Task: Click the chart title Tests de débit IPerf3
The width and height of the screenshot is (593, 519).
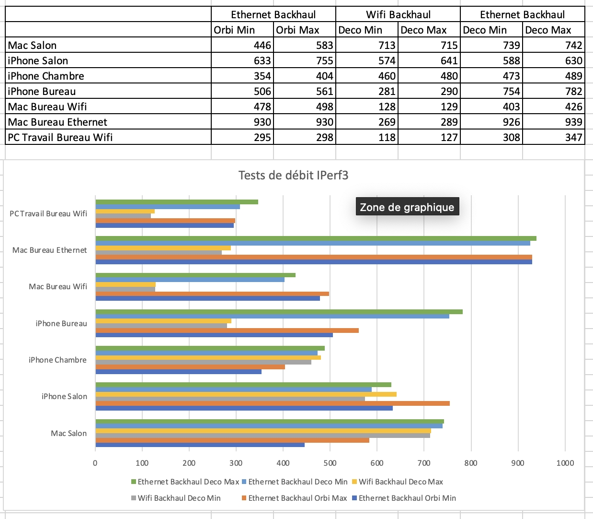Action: coord(293,175)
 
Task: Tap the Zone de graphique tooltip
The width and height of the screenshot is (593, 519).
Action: coord(407,207)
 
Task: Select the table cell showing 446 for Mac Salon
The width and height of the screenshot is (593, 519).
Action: coord(242,45)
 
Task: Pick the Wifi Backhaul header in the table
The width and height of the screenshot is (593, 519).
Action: coord(398,14)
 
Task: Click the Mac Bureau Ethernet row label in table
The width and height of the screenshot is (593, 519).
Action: coord(57,122)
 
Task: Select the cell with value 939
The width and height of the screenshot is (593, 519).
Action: coord(553,122)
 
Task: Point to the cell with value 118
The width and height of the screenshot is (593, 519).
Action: coord(367,137)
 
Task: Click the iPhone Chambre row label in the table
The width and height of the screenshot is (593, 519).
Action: coord(46,76)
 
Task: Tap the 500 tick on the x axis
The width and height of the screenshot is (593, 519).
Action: coord(330,463)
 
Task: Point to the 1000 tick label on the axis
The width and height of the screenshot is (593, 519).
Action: coord(565,463)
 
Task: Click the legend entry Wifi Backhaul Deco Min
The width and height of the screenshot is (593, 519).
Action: coord(176,498)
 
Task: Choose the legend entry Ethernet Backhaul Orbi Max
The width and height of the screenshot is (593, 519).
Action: coord(294,498)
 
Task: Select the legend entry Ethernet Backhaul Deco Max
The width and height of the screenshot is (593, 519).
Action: coord(185,482)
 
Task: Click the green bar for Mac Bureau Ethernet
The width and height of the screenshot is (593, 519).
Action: coord(316,238)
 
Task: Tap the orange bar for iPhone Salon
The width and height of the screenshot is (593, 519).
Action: coord(273,403)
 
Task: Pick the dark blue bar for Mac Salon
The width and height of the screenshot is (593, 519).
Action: coord(200,445)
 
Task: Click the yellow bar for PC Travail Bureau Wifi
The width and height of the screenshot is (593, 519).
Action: coord(125,211)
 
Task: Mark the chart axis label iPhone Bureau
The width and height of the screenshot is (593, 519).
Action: coord(61,323)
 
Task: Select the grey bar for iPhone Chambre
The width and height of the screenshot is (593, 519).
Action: coord(203,362)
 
